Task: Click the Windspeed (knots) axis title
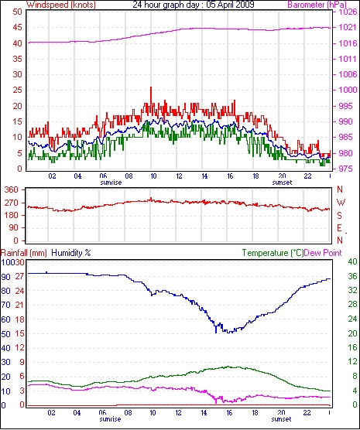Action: pyautogui.click(x=61, y=5)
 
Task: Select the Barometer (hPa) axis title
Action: pyautogui.click(x=317, y=5)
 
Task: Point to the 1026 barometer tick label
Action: pyautogui.click(x=348, y=12)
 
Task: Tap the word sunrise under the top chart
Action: pyautogui.click(x=111, y=183)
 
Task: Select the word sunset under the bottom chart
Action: pyautogui.click(x=281, y=419)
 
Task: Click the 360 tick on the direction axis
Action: pyautogui.click(x=12, y=189)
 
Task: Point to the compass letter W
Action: pyautogui.click(x=341, y=203)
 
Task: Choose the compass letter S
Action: pyautogui.click(x=340, y=216)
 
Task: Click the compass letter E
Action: pyautogui.click(x=339, y=228)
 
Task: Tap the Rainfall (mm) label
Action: pyautogui.click(x=24, y=253)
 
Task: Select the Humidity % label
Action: pyautogui.click(x=71, y=253)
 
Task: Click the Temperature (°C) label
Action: pyautogui.click(x=273, y=253)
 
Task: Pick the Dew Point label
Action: pyautogui.click(x=323, y=253)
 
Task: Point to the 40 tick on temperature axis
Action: pyautogui.click(x=352, y=261)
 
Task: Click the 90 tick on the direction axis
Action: pyautogui.click(x=14, y=227)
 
